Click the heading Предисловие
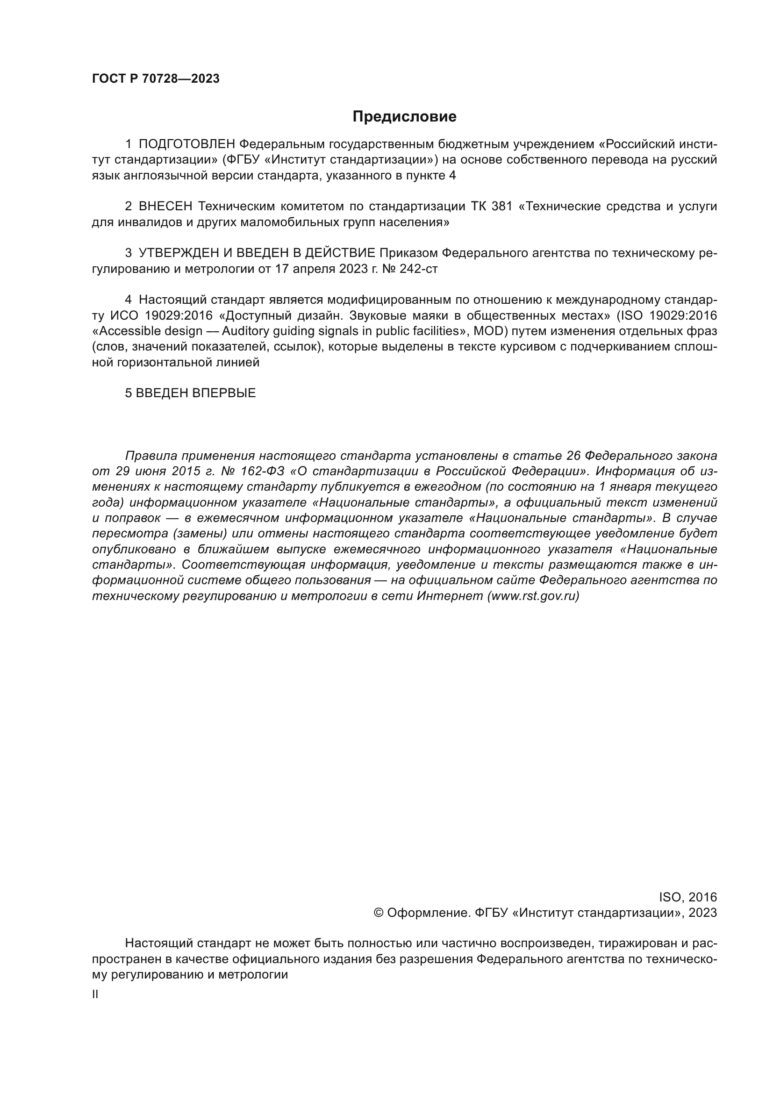(x=404, y=117)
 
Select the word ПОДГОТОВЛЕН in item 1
(x=186, y=144)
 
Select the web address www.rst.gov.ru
(x=533, y=596)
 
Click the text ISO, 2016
(x=688, y=897)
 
